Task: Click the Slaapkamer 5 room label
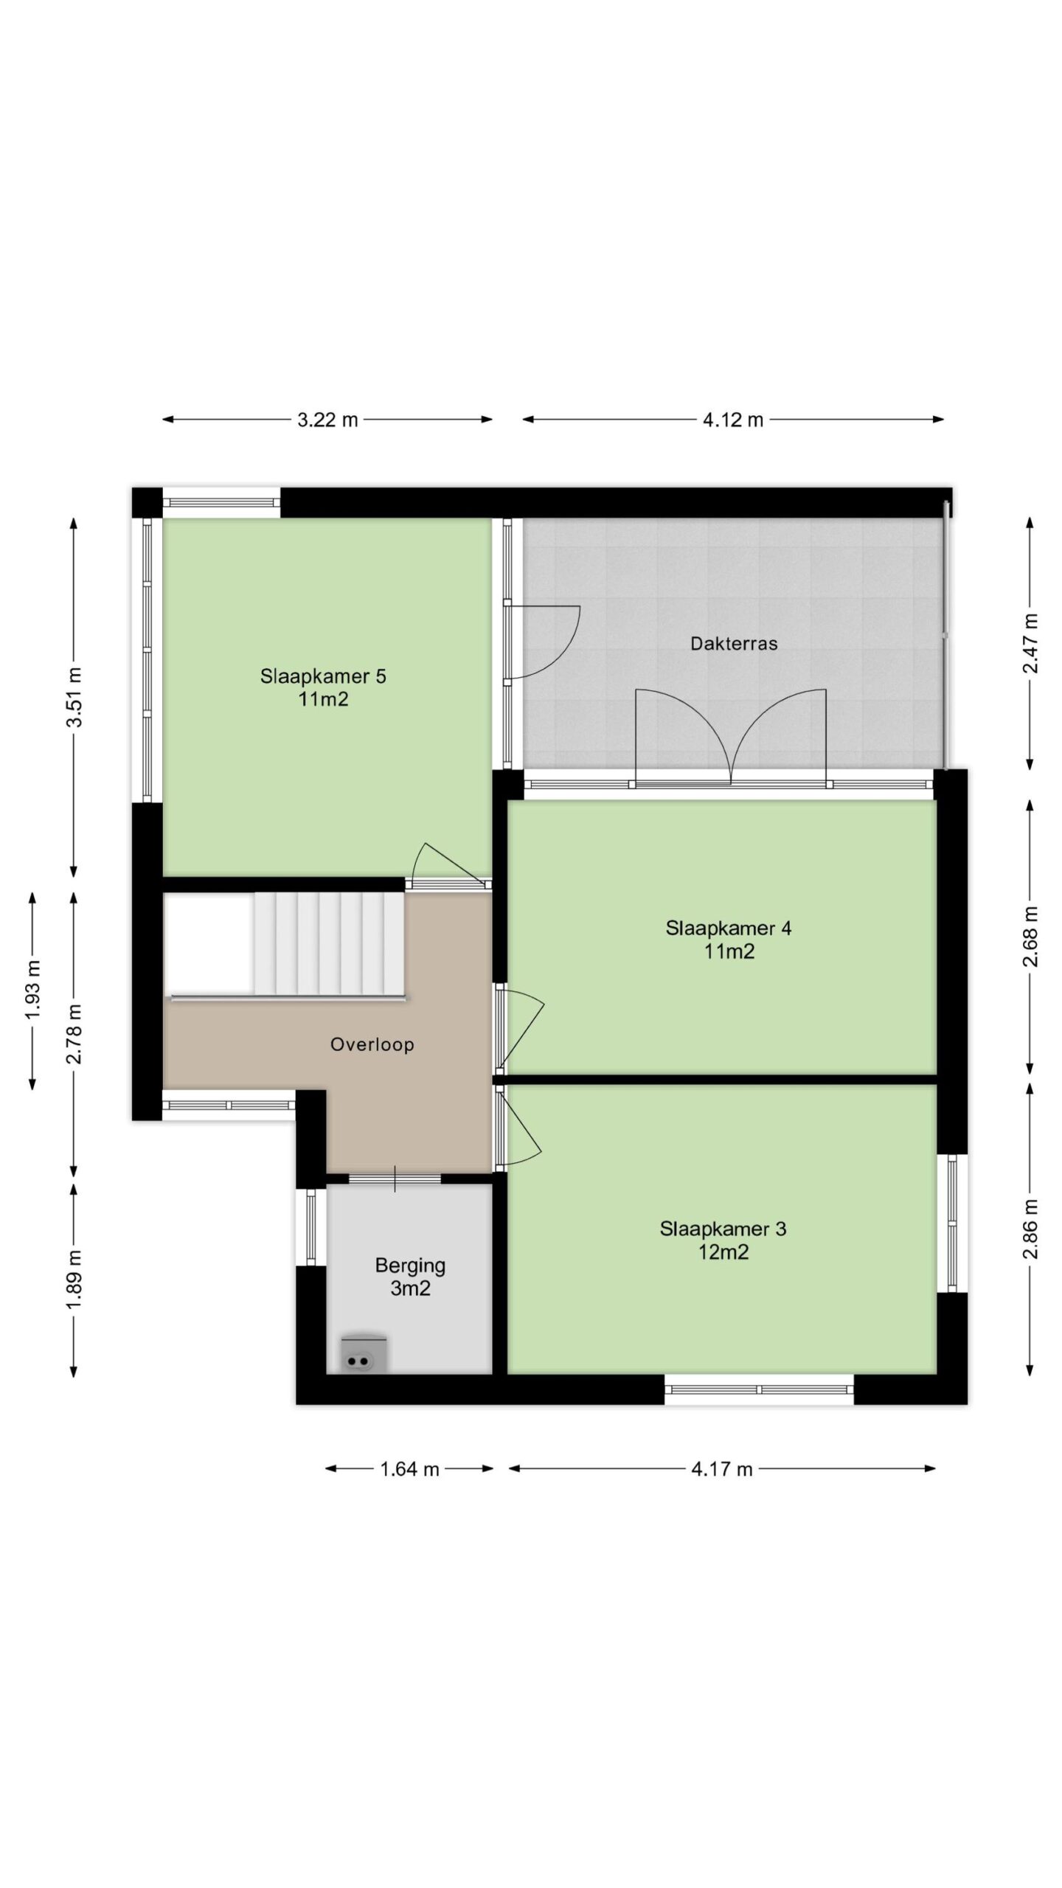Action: click(323, 687)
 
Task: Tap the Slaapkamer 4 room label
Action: click(729, 939)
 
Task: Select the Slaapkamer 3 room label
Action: click(723, 1240)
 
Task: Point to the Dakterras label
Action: click(734, 643)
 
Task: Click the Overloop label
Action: click(372, 1044)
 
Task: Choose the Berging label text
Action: click(410, 1266)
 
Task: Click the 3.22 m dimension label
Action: click(327, 420)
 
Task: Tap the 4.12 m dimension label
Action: click(733, 420)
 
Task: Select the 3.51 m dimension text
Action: click(74, 696)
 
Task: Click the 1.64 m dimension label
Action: click(409, 1469)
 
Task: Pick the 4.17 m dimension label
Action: click(722, 1469)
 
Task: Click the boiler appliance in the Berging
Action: click(363, 1355)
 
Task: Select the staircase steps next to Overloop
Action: click(329, 944)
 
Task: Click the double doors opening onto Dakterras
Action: click(730, 737)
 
